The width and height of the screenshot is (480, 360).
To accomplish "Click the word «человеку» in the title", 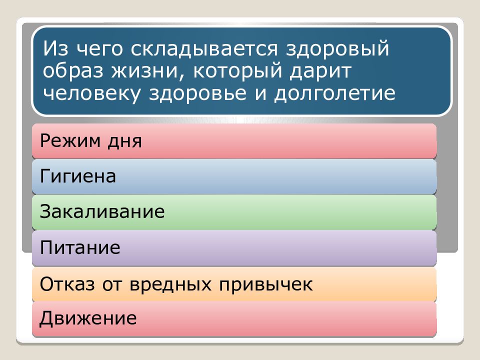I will [x=93, y=93].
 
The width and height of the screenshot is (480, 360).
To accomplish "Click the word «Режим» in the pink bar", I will [x=68, y=141].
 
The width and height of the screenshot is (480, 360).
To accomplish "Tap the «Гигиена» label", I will [x=78, y=176].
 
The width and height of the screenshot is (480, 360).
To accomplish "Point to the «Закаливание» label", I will [x=102, y=211].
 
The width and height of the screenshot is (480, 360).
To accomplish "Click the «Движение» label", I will [x=88, y=318].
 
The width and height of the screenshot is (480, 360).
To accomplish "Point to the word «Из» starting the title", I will [x=52, y=49].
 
